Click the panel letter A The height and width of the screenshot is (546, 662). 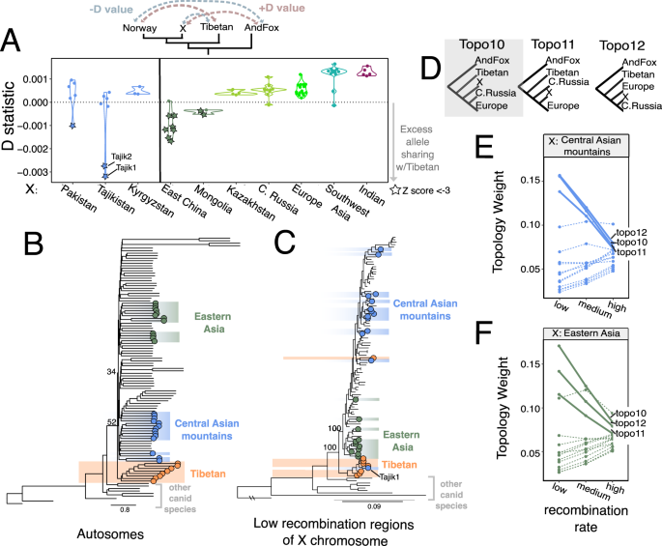pos(14,41)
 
